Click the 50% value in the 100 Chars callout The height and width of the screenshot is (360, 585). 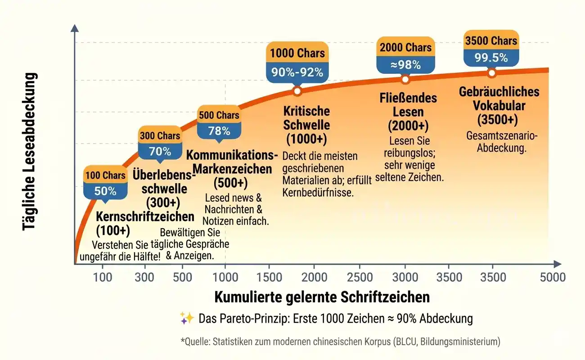[105, 191]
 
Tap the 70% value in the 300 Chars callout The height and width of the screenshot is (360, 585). [160, 151]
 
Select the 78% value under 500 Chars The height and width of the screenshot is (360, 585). [219, 131]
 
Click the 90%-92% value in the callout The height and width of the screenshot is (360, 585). [297, 72]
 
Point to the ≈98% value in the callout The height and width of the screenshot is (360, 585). [405, 65]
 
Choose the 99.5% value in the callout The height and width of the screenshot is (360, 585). [491, 58]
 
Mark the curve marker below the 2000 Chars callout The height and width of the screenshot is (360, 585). [405, 80]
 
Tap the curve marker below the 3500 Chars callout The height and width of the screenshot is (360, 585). [491, 72]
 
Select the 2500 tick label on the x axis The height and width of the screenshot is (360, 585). [360, 277]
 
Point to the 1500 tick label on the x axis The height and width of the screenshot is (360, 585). [269, 277]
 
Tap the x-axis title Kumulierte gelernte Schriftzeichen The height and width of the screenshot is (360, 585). [322, 297]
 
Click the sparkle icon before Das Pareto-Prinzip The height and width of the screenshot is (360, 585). [187, 318]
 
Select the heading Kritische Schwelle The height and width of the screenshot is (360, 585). [306, 118]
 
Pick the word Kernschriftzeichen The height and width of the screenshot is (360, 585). [145, 216]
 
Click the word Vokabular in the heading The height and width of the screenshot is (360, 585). [499, 106]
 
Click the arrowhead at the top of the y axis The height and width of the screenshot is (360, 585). [75, 27]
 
